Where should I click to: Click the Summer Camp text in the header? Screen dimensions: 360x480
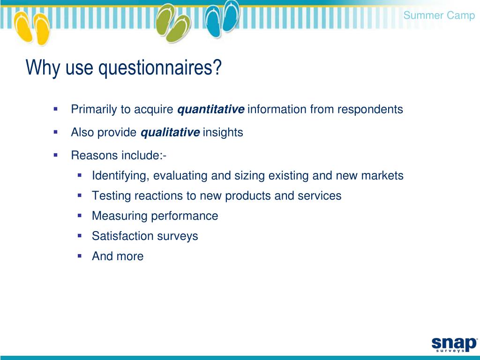[x=439, y=15]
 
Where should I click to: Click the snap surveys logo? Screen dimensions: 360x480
[x=453, y=343]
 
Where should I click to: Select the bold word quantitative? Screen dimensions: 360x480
[x=210, y=110]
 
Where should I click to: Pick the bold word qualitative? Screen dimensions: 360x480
[x=170, y=133]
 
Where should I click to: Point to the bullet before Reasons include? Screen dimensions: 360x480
[x=55, y=154]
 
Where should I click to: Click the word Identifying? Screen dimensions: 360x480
[x=120, y=176]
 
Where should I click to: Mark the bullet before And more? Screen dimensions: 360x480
[x=80, y=255]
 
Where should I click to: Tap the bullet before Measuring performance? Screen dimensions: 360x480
[x=80, y=215]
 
